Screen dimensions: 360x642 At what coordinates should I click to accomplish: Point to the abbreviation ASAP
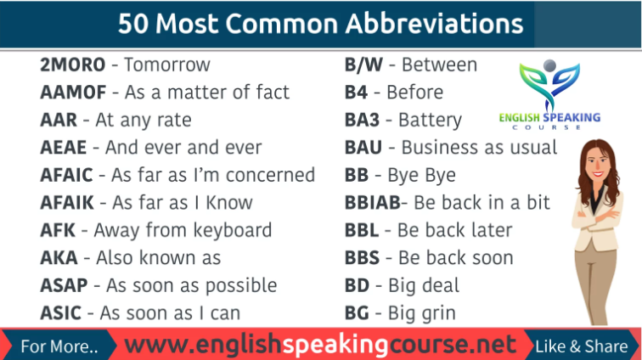click(x=62, y=285)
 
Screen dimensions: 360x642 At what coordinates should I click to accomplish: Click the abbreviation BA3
click(x=363, y=120)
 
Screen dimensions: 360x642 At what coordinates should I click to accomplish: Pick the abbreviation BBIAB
click(x=371, y=202)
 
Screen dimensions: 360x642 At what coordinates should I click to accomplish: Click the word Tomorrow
click(x=166, y=65)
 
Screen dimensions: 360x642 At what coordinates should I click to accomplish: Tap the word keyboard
click(x=229, y=230)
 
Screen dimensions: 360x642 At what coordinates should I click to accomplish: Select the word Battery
click(x=430, y=120)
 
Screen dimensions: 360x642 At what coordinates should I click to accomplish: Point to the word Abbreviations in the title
click(x=433, y=23)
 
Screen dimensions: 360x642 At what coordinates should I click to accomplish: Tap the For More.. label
click(x=59, y=346)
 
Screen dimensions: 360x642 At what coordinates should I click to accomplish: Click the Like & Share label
click(x=582, y=346)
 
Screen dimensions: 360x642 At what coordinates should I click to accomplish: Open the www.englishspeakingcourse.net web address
click(x=320, y=345)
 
